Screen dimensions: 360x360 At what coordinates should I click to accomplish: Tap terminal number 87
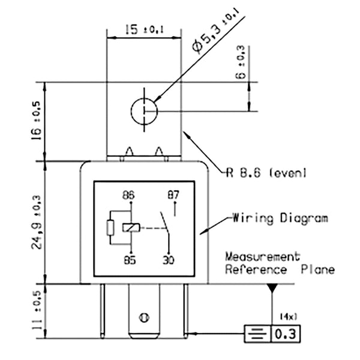coord(174,195)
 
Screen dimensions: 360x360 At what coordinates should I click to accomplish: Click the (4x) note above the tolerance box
coord(286,316)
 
